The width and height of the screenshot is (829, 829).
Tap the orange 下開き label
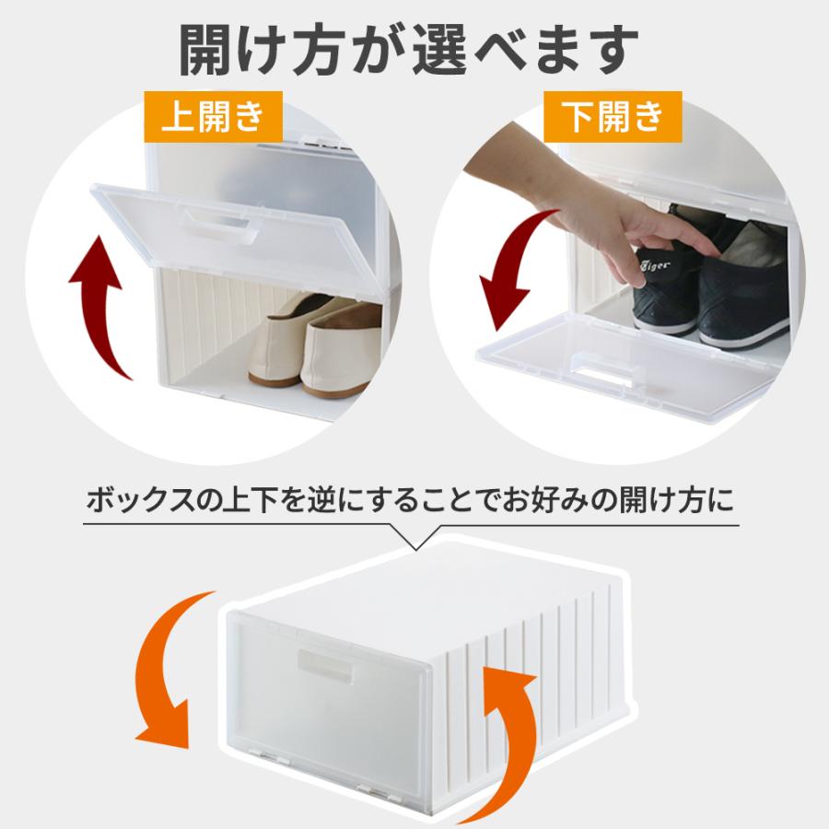[x=612, y=116]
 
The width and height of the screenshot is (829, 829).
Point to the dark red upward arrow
[x=101, y=304]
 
